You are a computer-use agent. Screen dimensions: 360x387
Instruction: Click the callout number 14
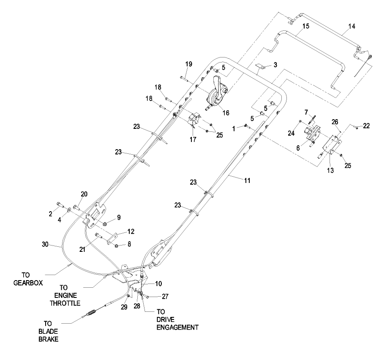tap(351, 26)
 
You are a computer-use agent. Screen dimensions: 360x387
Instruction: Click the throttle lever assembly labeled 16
tap(217, 93)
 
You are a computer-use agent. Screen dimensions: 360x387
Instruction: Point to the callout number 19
tap(188, 64)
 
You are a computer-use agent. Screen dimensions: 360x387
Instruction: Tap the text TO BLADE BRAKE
tap(52, 332)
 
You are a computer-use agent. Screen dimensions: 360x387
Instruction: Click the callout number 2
tap(50, 214)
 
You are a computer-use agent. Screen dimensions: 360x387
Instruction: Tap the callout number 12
tap(131, 231)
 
